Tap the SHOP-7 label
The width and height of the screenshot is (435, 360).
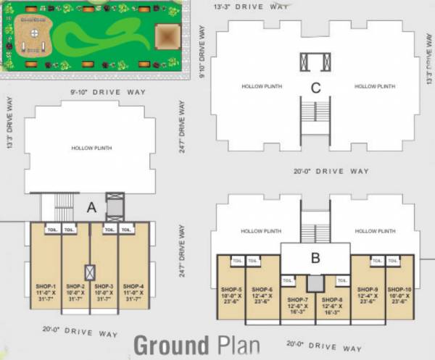tap(297, 299)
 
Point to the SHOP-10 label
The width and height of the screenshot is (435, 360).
tap(399, 288)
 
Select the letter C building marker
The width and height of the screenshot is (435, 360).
tap(315, 88)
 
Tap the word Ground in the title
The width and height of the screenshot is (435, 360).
tap(169, 345)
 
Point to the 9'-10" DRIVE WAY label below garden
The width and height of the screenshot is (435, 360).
tap(108, 93)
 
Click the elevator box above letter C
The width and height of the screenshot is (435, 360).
tap(315, 62)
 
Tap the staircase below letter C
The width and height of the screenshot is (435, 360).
tap(315, 112)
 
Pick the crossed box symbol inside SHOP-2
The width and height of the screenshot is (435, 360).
tap(89, 273)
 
